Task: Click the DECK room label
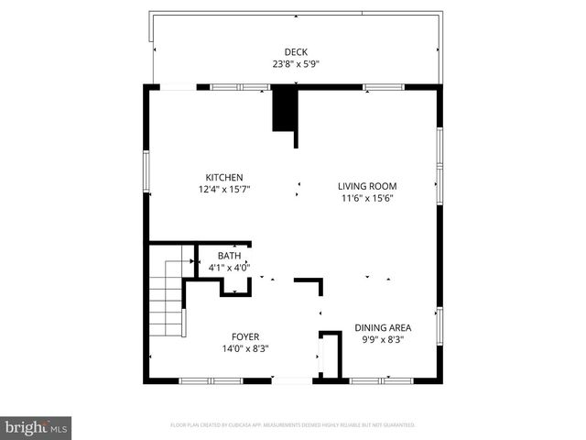point(295,52)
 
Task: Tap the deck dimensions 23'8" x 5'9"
point(295,64)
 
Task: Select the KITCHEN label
point(223,177)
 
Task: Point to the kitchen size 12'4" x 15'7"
point(223,189)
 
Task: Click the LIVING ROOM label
point(367,186)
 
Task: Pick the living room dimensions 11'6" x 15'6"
point(367,198)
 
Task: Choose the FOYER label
point(244,336)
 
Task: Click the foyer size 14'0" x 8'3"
point(244,348)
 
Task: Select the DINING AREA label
point(383,327)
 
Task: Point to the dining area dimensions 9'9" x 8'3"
point(383,339)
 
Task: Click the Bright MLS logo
point(37,427)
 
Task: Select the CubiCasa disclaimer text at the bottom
point(293,425)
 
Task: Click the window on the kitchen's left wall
point(146,171)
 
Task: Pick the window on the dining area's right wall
point(439,327)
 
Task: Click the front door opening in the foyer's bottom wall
point(292,380)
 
